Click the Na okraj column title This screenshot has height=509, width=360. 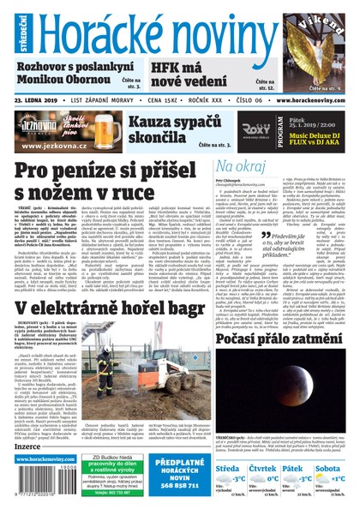point(219,165)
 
